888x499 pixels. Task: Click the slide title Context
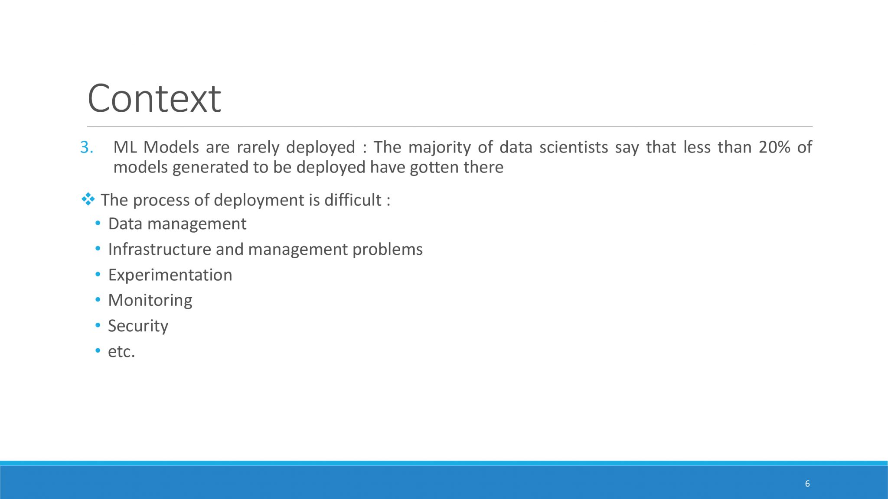[x=154, y=98]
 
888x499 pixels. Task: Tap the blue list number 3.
[x=87, y=148]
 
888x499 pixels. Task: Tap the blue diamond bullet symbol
[x=88, y=199]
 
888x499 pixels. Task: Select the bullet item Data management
[x=177, y=224]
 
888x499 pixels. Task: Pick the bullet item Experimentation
[x=170, y=275]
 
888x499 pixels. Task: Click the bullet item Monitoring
[x=150, y=300]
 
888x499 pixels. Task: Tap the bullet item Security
[x=138, y=326]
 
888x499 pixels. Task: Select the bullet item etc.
[x=121, y=351]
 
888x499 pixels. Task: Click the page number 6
[x=807, y=483]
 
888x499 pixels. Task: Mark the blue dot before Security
[x=98, y=326]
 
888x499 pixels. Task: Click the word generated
[x=211, y=168]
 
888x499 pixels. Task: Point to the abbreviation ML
[x=125, y=147]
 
